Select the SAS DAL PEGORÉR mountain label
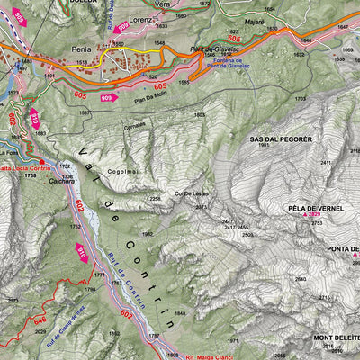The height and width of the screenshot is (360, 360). click(x=281, y=140)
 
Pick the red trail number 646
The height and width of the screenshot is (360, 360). click(x=40, y=319)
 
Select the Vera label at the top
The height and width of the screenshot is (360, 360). click(x=162, y=4)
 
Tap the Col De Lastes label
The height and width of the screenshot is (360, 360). click(x=191, y=193)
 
